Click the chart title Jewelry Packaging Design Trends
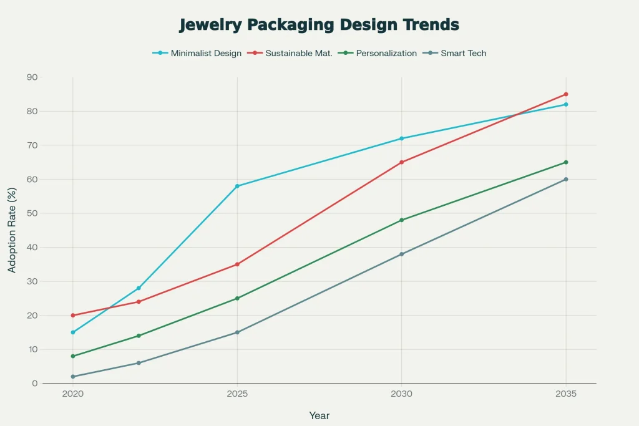(319, 25)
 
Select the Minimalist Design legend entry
(205, 53)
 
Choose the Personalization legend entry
(386, 53)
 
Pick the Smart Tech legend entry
(463, 53)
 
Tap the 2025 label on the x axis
(237, 395)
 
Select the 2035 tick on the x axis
(566, 395)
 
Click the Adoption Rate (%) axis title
(12, 231)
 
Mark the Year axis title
(319, 415)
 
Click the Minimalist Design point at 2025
(237, 186)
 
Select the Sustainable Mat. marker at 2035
(566, 94)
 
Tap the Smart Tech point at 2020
(73, 377)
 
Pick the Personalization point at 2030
(401, 220)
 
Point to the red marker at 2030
(401, 162)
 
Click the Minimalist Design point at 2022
(139, 288)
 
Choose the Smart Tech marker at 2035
(566, 180)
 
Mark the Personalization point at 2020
(73, 356)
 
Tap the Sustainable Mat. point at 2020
(73, 316)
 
